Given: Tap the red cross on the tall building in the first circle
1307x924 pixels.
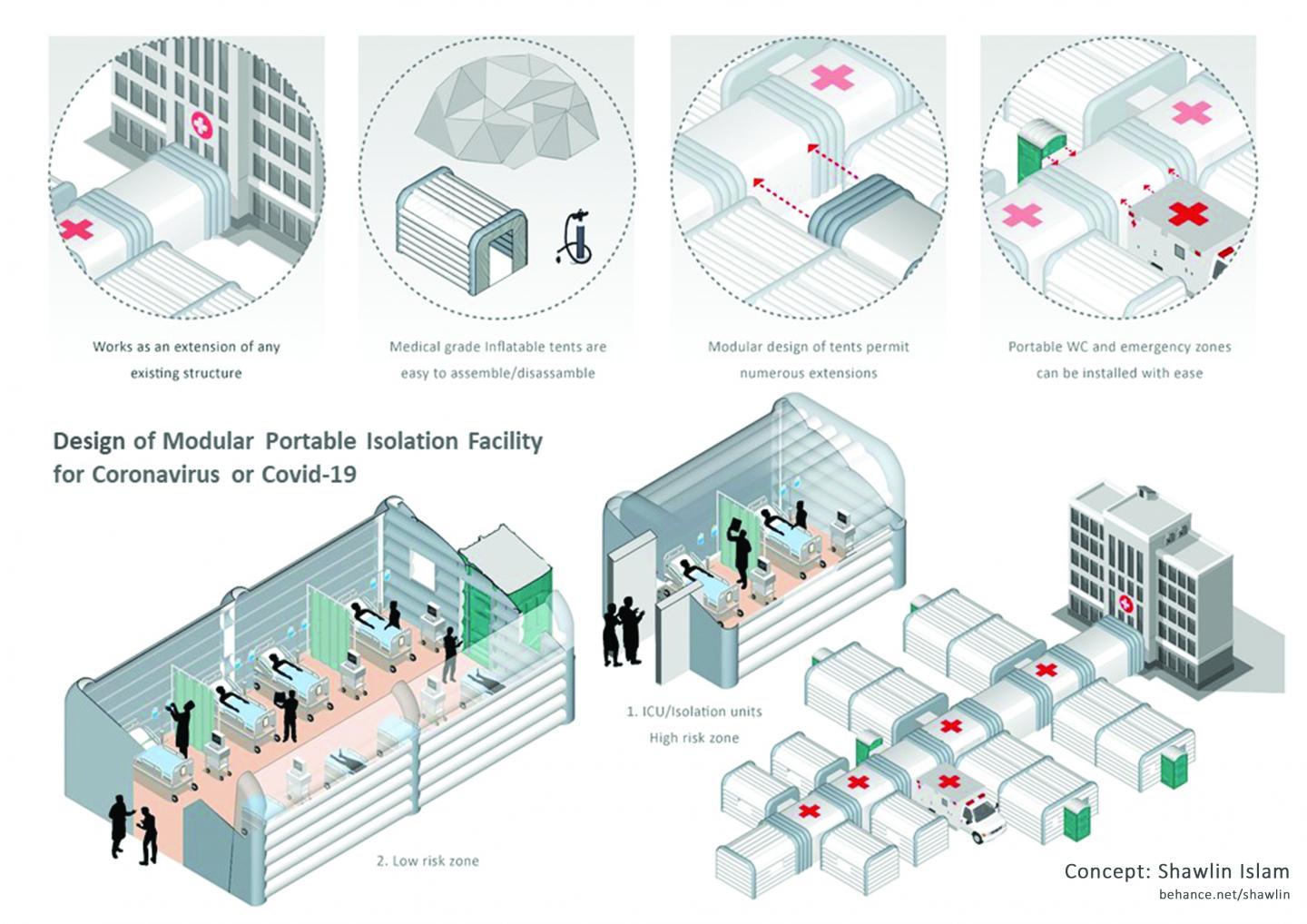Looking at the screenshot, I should [200, 125].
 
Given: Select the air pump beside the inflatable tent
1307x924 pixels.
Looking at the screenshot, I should [573, 237].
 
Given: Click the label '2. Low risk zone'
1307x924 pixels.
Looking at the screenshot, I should [427, 860].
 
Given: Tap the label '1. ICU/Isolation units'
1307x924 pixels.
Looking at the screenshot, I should [693, 711].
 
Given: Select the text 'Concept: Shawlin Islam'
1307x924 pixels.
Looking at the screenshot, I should [1176, 871].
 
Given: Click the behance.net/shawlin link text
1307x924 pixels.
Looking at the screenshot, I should [1223, 895].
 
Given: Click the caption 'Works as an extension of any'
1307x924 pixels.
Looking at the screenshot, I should [186, 347].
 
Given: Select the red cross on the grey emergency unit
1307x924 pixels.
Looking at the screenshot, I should [1188, 215].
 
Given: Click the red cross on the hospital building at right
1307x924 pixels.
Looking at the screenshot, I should [1126, 604].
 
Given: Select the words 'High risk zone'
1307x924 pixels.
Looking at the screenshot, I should [693, 738].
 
